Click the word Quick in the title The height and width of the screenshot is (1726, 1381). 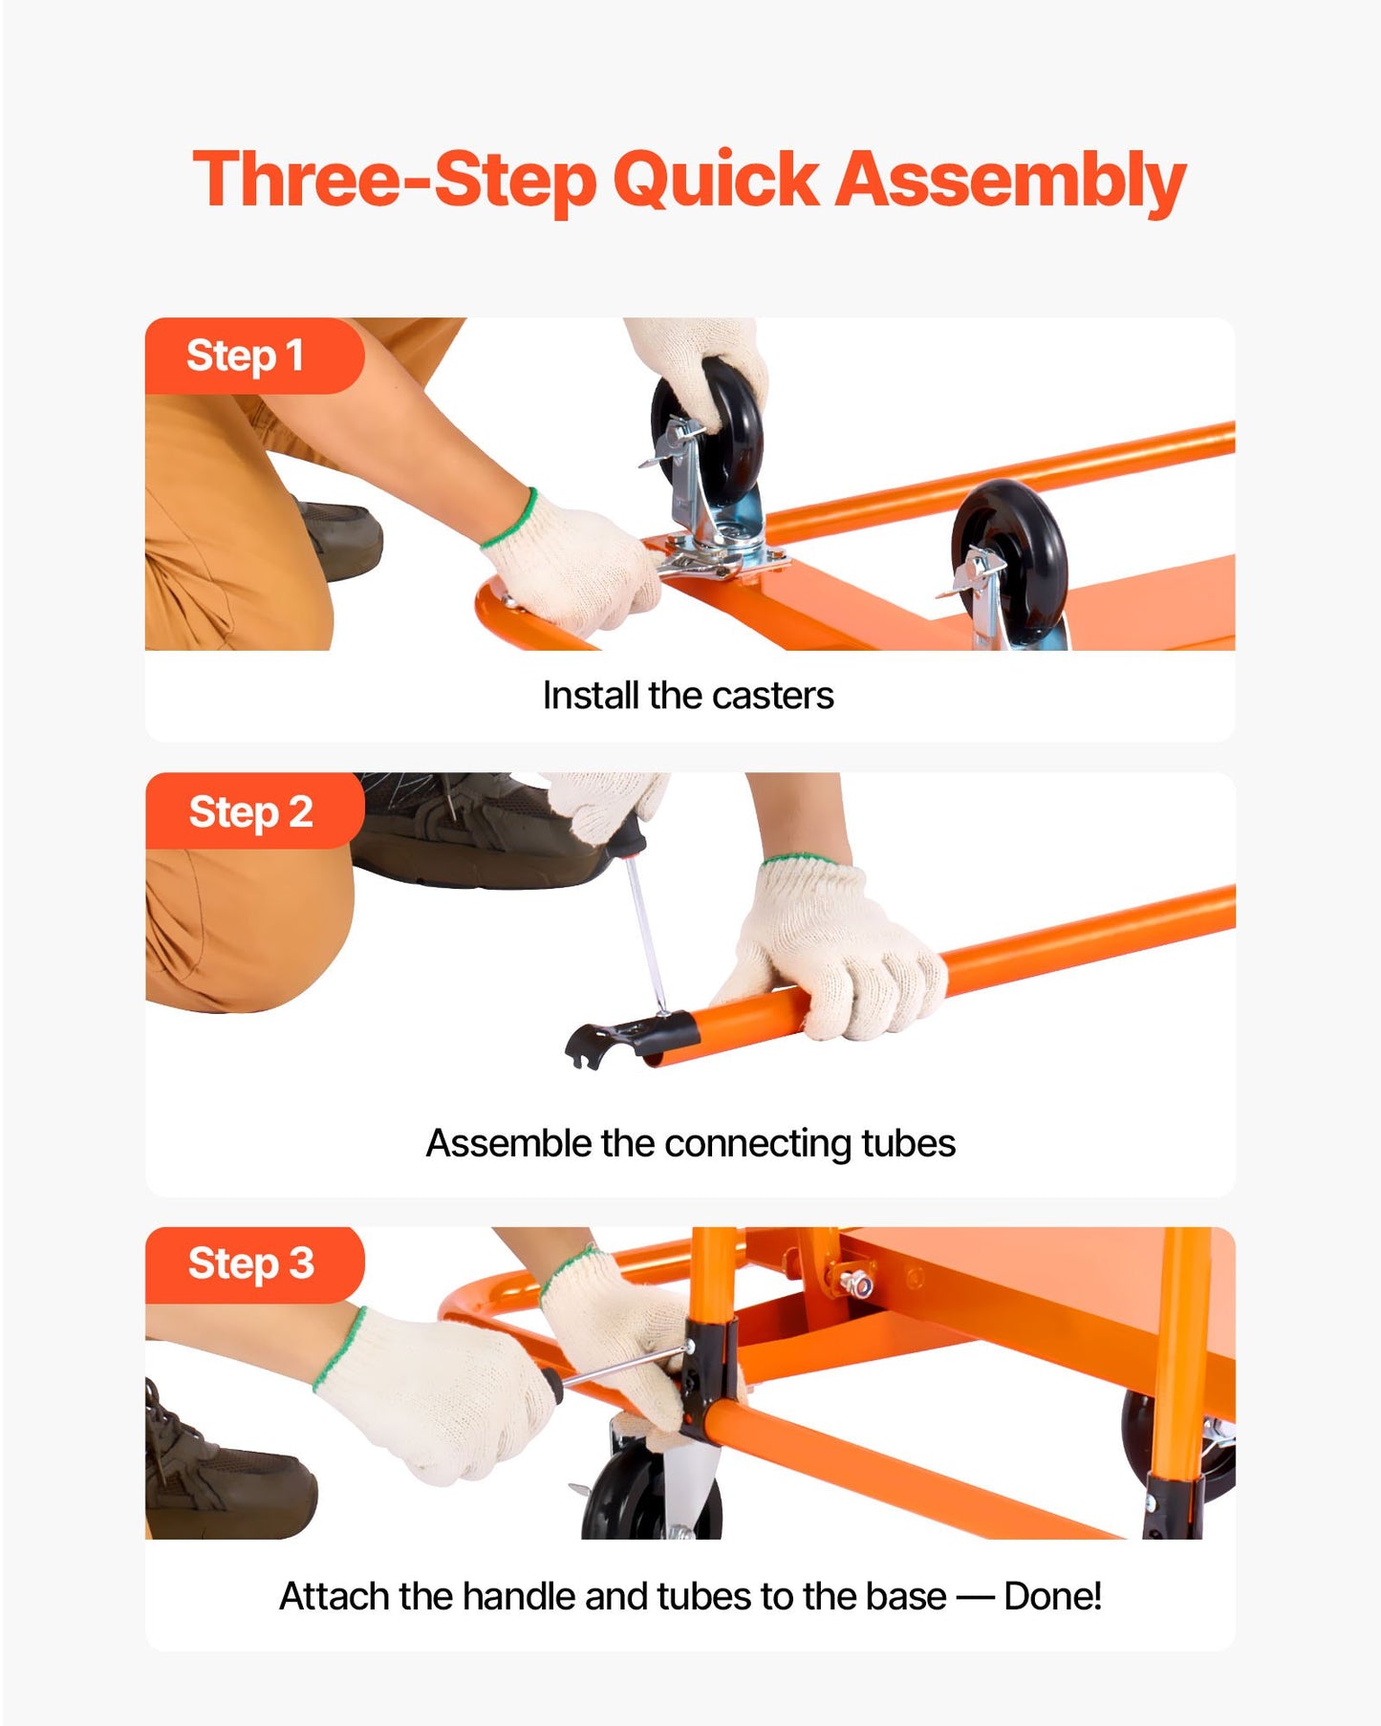click(x=715, y=180)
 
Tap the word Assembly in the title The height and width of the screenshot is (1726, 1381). click(x=1010, y=180)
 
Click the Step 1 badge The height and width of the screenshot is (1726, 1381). click(x=246, y=356)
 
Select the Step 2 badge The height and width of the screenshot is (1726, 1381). click(x=250, y=811)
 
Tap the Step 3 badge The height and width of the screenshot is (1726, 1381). click(x=250, y=1263)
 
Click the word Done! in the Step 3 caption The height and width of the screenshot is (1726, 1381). click(x=1052, y=1596)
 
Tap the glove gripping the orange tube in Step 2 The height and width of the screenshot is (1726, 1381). click(x=841, y=956)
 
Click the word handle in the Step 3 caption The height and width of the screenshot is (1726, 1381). click(x=520, y=1596)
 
